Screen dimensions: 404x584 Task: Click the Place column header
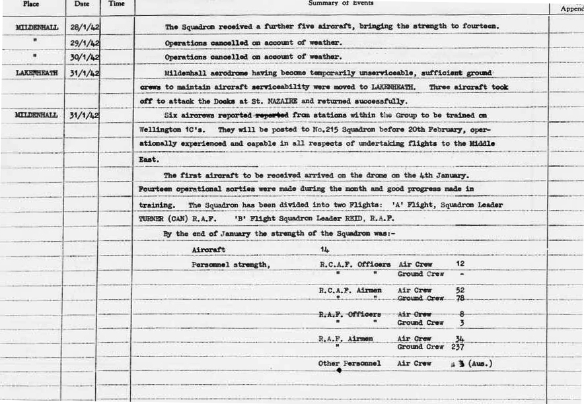tap(32, 4)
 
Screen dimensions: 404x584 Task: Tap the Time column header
tap(116, 4)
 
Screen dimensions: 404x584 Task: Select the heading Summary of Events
tap(341, 3)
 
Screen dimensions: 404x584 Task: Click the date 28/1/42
tap(85, 27)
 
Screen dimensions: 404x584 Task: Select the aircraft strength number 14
tap(324, 250)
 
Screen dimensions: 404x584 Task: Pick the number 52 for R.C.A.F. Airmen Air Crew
tap(460, 290)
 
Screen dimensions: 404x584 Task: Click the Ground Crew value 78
tap(460, 299)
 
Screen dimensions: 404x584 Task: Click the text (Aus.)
tap(482, 363)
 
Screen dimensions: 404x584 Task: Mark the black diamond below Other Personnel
tap(339, 371)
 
